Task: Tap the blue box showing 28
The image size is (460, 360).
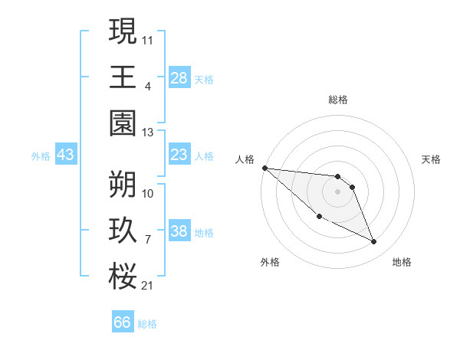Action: pyautogui.click(x=179, y=78)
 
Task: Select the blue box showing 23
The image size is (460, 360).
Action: pyautogui.click(x=179, y=155)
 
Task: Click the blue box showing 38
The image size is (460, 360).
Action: pyautogui.click(x=179, y=232)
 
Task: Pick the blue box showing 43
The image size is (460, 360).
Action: pyautogui.click(x=66, y=155)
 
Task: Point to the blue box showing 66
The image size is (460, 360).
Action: pyautogui.click(x=123, y=322)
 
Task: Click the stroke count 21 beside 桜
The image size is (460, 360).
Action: pyautogui.click(x=147, y=286)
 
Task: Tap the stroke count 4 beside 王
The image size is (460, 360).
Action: pyautogui.click(x=147, y=86)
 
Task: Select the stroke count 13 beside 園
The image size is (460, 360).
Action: pyautogui.click(x=147, y=132)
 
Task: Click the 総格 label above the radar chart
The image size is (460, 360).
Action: pyautogui.click(x=337, y=100)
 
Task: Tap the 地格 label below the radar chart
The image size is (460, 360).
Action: pyautogui.click(x=402, y=262)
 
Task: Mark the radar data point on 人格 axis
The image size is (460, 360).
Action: pyautogui.click(x=264, y=168)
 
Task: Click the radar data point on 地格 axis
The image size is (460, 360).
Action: pyautogui.click(x=374, y=242)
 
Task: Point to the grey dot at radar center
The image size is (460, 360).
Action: pyautogui.click(x=337, y=191)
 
